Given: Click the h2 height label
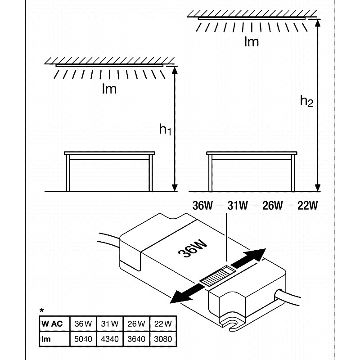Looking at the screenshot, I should click(306, 101).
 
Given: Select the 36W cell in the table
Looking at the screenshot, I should click(82, 324).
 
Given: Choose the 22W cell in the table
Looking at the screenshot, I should click(163, 324).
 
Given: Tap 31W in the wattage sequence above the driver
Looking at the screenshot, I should click(238, 206).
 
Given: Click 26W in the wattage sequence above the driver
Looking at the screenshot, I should click(273, 206).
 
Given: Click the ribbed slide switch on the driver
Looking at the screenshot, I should click(217, 275).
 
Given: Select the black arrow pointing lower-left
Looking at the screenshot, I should click(187, 292).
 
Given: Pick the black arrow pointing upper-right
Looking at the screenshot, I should click(250, 259).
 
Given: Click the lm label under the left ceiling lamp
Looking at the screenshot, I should click(109, 89).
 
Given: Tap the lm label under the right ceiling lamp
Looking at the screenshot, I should click(252, 42).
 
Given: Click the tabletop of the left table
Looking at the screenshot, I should click(110, 153).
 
